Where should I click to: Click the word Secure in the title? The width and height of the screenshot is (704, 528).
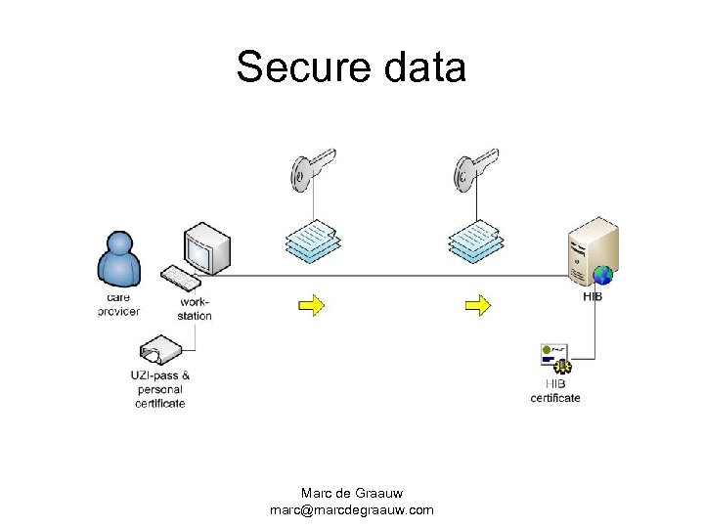pos(297,68)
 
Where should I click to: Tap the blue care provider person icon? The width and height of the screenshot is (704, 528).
pos(119,258)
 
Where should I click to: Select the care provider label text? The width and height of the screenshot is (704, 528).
pos(118,304)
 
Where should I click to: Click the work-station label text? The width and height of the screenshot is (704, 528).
pos(195,309)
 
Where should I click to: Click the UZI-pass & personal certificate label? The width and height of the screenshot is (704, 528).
pos(159,389)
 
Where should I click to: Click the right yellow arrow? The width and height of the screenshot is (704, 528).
pos(477,306)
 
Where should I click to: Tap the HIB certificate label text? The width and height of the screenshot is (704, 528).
pos(555,391)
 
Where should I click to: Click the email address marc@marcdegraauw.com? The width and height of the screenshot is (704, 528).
pos(351,510)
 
